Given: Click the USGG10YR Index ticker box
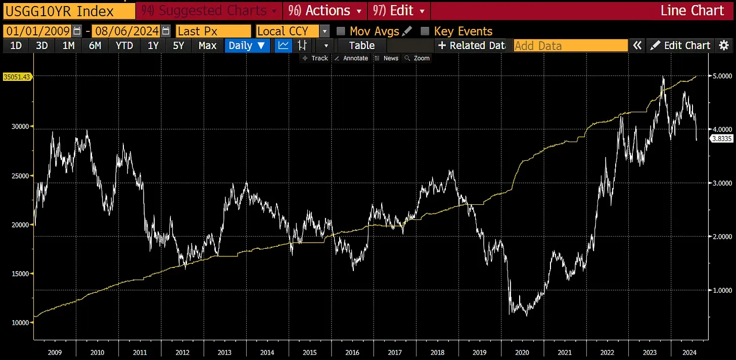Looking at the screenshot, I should [68, 11].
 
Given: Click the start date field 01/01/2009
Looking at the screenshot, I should [38, 31].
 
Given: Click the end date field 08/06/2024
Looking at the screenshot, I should [126, 31].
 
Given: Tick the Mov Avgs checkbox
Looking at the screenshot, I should [341, 31].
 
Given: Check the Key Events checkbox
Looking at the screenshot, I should [425, 31].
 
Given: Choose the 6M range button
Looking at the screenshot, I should [95, 46].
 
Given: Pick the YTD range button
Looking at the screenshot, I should [124, 46].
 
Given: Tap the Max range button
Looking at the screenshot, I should [207, 46].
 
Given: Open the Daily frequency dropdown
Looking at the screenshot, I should [247, 46].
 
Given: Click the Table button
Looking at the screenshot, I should [362, 46].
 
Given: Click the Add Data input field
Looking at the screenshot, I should [571, 46].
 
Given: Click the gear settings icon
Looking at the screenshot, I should [724, 46].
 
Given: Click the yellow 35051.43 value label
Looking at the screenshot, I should [17, 77].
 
